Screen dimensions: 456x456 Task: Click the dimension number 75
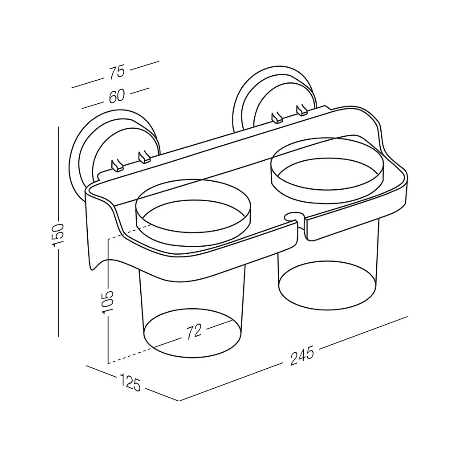(x=117, y=72)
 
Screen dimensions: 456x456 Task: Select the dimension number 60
(x=117, y=96)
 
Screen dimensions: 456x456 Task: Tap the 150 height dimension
(x=57, y=235)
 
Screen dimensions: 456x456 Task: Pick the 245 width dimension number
(x=302, y=355)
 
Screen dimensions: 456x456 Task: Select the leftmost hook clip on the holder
(x=117, y=165)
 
